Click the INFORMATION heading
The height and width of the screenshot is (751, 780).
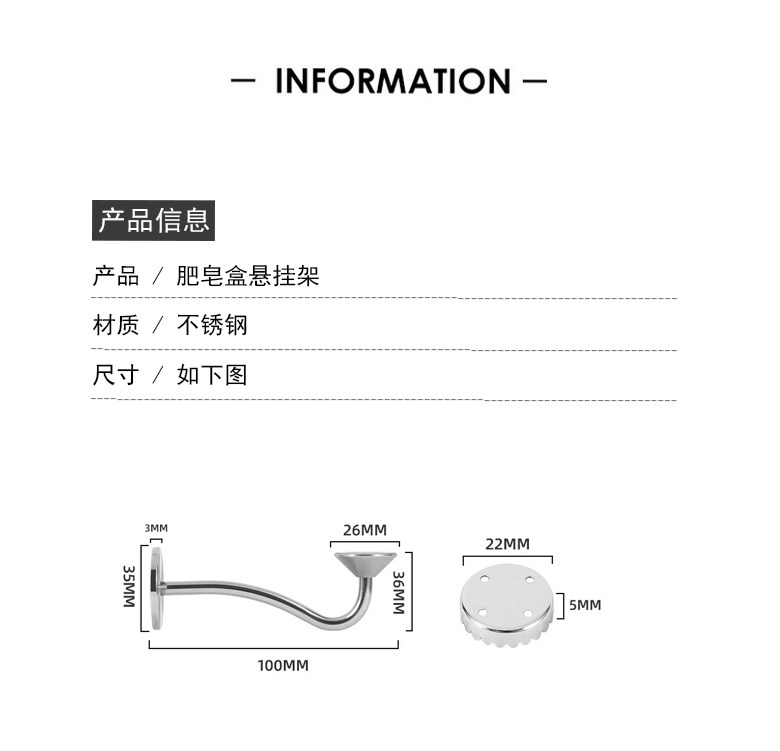[x=392, y=81]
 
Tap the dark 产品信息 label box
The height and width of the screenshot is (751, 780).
[x=154, y=220]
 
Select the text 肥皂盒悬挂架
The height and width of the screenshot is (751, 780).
[x=248, y=276]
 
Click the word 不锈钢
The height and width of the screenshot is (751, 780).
[x=212, y=326]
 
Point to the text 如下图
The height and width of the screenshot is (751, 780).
[x=212, y=376]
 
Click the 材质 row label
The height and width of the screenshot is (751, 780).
[x=115, y=326]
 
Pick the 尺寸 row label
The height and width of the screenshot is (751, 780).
[x=115, y=376]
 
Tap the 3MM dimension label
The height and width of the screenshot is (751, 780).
[x=157, y=528]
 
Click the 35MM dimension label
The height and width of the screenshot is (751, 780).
[x=129, y=585]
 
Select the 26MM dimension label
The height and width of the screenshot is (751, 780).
[x=364, y=530]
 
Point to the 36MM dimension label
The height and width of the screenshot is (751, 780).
[x=398, y=592]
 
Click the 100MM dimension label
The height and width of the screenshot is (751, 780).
[x=283, y=665]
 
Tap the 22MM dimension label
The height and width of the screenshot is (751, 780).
[x=507, y=544]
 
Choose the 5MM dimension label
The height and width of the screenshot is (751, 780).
[x=585, y=605]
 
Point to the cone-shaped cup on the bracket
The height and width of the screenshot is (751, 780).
[x=365, y=564]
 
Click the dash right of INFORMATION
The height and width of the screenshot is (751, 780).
[x=534, y=81]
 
